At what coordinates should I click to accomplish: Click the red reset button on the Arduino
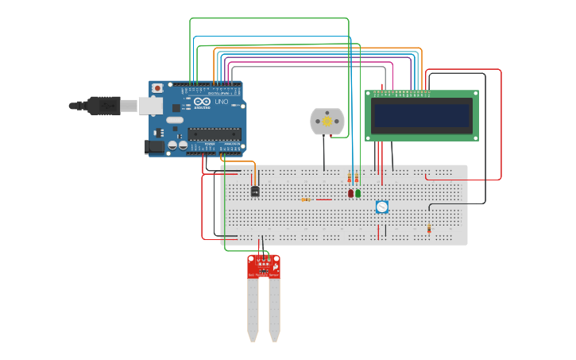click(x=157, y=87)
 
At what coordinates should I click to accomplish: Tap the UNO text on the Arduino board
click(x=222, y=102)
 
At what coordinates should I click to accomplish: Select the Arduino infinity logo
click(x=202, y=102)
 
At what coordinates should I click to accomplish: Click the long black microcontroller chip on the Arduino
click(x=214, y=134)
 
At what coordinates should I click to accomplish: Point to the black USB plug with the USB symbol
click(x=103, y=105)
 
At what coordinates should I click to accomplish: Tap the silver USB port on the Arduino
click(x=151, y=106)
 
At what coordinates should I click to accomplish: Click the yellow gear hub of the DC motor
click(x=327, y=122)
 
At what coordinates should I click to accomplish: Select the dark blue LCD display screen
click(x=421, y=115)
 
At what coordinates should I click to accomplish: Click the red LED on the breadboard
click(x=350, y=193)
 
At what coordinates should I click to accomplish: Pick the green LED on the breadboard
click(x=358, y=193)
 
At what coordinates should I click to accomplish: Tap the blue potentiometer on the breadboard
click(x=382, y=207)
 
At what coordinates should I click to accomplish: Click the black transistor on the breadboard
click(x=255, y=192)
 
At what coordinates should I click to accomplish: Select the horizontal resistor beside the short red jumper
click(x=306, y=199)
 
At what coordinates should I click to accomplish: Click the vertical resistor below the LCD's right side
click(x=429, y=229)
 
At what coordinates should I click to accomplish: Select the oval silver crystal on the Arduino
click(x=175, y=120)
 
